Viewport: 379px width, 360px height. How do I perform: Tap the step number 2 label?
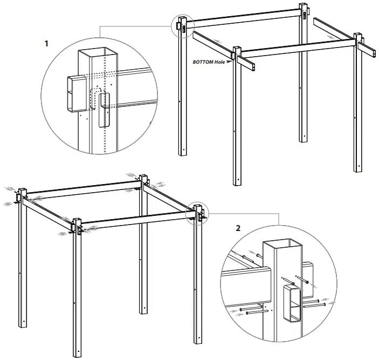tap(239, 228)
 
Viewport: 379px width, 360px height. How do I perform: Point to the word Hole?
tap(222, 62)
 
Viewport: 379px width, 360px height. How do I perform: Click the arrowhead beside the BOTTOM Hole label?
tap(230, 62)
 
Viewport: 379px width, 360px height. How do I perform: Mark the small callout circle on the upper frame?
tap(181, 26)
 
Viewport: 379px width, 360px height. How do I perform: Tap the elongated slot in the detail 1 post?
tap(104, 109)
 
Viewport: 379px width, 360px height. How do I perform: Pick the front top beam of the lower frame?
tap(137, 218)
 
